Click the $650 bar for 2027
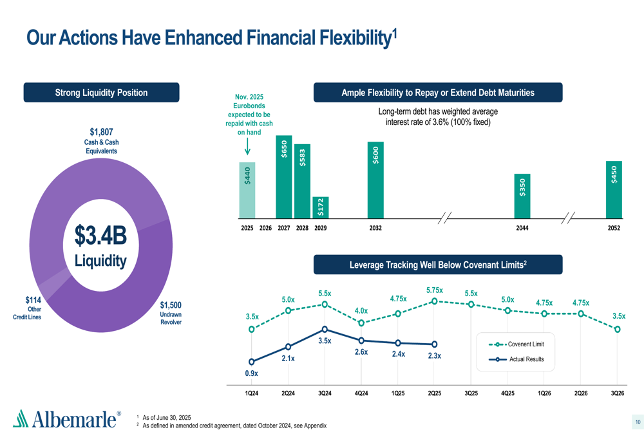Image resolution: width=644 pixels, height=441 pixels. click(283, 176)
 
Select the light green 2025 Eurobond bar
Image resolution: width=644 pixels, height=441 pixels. click(247, 190)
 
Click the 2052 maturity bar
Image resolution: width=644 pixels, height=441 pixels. click(614, 189)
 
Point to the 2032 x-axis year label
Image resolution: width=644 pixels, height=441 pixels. click(375, 228)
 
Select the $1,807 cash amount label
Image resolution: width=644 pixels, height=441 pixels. click(101, 133)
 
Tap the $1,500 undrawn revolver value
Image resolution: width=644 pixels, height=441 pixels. click(171, 305)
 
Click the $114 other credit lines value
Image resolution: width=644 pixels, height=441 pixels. click(33, 300)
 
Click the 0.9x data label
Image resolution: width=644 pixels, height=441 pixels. click(251, 373)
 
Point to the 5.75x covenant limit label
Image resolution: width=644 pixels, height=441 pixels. click(434, 290)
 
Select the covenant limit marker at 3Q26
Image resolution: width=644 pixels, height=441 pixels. click(618, 329)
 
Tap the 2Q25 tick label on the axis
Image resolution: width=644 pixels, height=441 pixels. click(434, 393)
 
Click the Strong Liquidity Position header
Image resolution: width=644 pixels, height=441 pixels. click(101, 93)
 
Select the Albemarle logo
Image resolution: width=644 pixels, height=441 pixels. click(67, 419)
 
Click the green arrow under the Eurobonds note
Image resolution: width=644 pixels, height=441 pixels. click(247, 147)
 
